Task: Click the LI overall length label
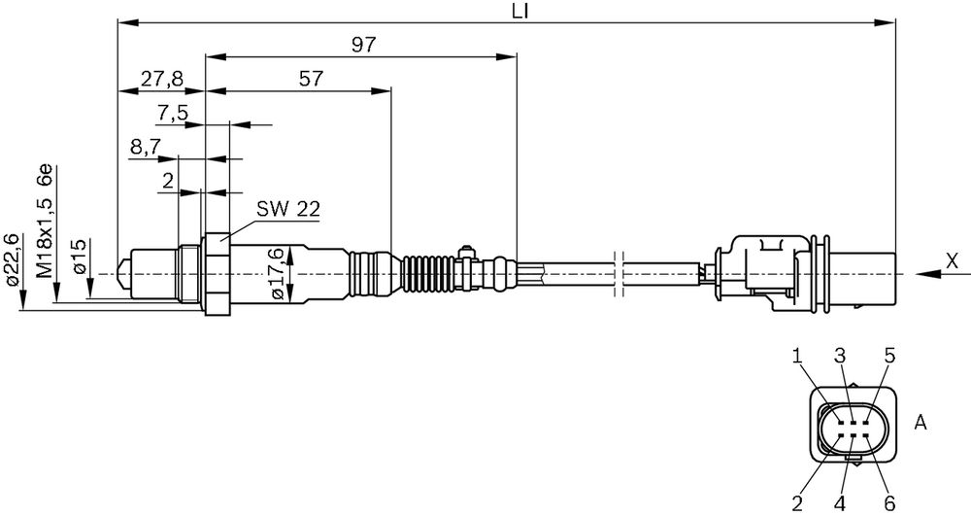coord(520,11)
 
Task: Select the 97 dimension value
coord(364,45)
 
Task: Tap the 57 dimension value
coord(311,79)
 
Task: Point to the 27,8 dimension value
coord(161,80)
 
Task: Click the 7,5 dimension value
coord(172,114)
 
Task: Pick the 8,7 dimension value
coord(146,147)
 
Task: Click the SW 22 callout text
coord(288,209)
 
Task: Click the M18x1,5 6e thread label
coord(47,221)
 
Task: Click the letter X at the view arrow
coord(952,261)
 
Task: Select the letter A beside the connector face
coord(921,423)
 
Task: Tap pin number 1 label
coord(798,356)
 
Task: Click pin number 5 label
coord(889,356)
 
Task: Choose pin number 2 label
coord(797,501)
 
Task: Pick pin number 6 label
coord(889,501)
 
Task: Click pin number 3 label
coord(840,356)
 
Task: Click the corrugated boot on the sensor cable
coord(427,273)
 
